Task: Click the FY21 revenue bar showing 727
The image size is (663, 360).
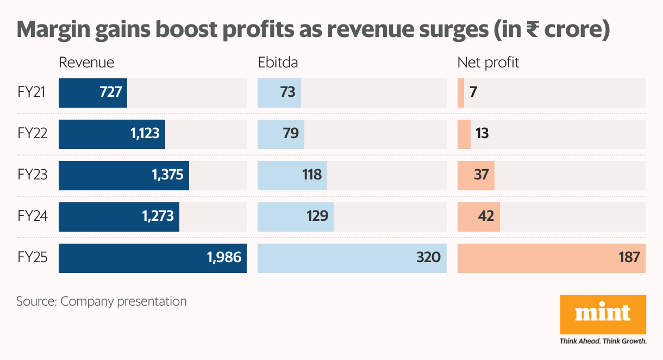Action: click(x=92, y=92)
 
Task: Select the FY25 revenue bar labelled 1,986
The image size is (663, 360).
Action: click(x=152, y=258)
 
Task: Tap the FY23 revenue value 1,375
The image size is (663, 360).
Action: click(x=168, y=175)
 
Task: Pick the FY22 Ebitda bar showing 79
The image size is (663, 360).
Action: click(x=280, y=134)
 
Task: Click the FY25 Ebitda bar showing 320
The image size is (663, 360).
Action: click(x=352, y=258)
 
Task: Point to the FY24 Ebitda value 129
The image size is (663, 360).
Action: click(x=317, y=216)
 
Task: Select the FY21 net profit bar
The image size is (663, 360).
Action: click(x=461, y=92)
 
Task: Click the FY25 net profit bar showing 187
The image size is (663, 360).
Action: click(x=551, y=258)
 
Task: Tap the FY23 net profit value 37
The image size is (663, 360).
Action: click(x=481, y=175)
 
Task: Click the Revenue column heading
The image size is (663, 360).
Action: click(x=86, y=63)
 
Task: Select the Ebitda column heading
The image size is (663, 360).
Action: click(x=278, y=63)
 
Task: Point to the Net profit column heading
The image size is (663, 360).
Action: click(x=488, y=63)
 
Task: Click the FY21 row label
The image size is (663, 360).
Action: click(x=32, y=92)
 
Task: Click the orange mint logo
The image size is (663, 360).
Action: click(x=603, y=314)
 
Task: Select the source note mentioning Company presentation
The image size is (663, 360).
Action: click(x=102, y=301)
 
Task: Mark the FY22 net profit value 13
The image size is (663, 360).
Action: click(x=481, y=134)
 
